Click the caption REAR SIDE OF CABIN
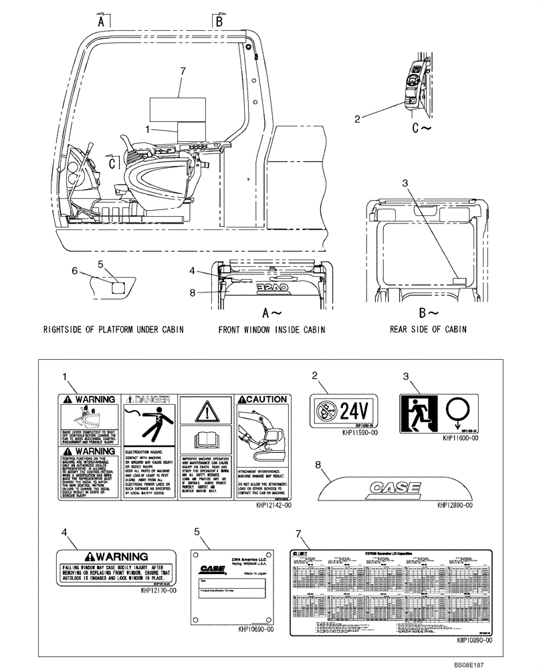(x=428, y=329)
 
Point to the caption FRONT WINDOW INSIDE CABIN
(x=271, y=329)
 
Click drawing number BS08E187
(x=515, y=661)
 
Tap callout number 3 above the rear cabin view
(x=405, y=182)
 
